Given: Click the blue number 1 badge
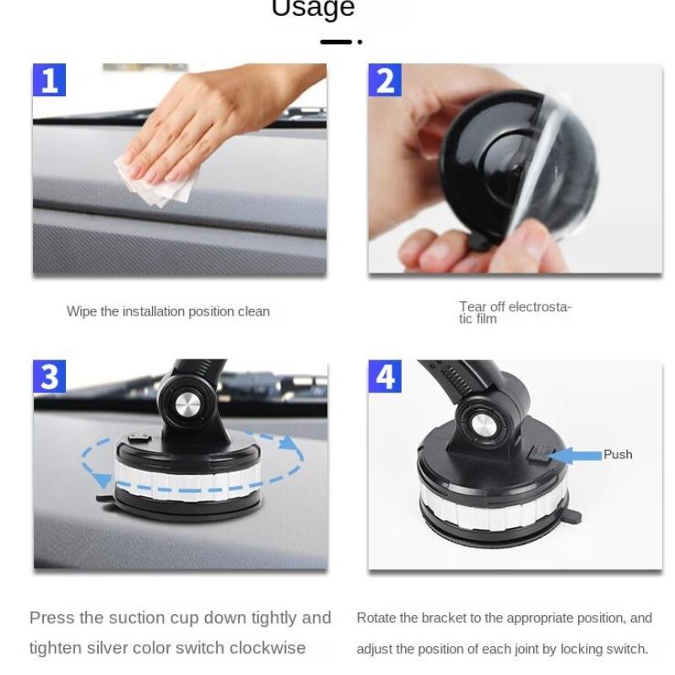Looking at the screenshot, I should pos(50,80).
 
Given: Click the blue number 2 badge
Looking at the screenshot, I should pos(385,80).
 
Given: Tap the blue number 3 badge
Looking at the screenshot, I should pos(50,376).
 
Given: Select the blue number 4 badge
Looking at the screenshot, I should pos(385,376).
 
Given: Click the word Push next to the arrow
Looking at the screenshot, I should pos(618,454).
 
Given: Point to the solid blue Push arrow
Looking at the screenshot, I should pos(575,455).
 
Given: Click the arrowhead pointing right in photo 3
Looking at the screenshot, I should pos(289,443).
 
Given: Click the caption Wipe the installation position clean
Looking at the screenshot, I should pos(168,311).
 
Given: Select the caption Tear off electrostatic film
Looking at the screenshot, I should pos(514,312).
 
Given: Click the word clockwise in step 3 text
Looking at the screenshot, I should pos(264,648).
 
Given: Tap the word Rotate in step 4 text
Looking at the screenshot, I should pos(375,618).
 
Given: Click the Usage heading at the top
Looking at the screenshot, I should pos(313,9).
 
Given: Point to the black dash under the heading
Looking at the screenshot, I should pos(336,41).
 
